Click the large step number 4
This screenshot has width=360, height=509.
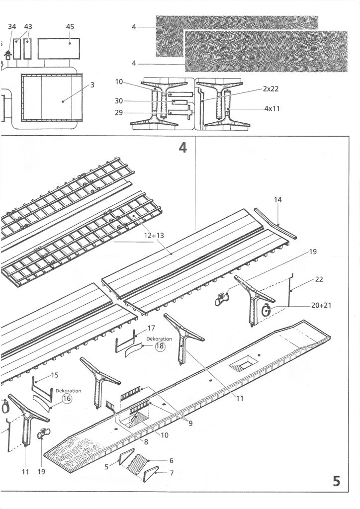183,148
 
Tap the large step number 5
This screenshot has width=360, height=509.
337,481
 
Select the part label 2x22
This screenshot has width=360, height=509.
270,89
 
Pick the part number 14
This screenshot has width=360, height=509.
277,199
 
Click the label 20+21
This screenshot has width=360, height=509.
321,305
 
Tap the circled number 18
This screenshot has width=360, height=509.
160,347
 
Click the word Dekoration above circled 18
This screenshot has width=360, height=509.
159,339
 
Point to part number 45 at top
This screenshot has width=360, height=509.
70,26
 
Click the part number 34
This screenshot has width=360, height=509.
12,26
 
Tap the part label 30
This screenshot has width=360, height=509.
118,101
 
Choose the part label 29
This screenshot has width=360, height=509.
118,113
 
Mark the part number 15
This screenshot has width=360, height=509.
55,375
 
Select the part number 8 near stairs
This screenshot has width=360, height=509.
146,442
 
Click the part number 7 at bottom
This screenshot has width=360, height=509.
172,473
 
